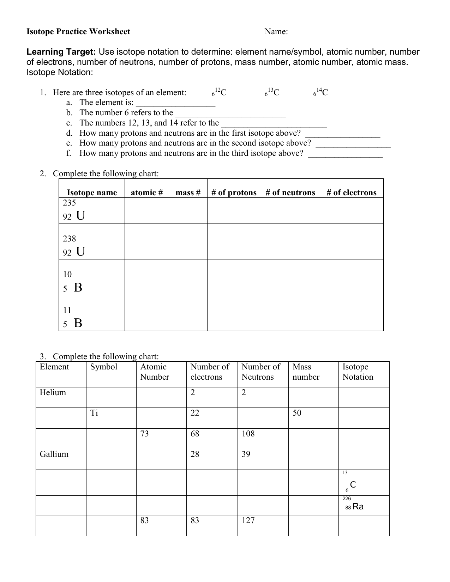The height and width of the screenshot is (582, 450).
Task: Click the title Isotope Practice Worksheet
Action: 78,32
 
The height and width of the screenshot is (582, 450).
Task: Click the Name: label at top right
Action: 276,32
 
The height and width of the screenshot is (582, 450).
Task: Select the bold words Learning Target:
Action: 61,52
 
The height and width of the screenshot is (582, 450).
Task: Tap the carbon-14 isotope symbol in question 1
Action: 321,93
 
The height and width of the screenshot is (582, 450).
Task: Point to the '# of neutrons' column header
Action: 290,192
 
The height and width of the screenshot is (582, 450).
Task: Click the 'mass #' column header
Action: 188,192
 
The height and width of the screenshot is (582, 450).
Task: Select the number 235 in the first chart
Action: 69,203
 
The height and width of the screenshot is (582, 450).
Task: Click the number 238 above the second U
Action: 69,239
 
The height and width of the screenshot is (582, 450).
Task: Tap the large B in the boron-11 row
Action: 78,323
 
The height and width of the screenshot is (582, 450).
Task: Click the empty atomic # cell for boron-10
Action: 146,277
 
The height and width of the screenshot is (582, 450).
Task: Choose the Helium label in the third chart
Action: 53,393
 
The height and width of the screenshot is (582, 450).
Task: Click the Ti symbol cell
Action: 94,413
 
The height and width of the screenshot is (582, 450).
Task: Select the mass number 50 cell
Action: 297,413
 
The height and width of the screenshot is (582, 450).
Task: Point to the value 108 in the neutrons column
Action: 248,434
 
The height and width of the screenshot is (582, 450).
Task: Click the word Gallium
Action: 54,454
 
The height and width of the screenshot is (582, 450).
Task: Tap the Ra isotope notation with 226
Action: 354,505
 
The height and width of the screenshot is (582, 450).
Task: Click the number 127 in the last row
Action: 248,520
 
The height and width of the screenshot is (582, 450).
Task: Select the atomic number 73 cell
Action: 145,434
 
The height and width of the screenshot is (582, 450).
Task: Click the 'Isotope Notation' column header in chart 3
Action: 358,372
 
